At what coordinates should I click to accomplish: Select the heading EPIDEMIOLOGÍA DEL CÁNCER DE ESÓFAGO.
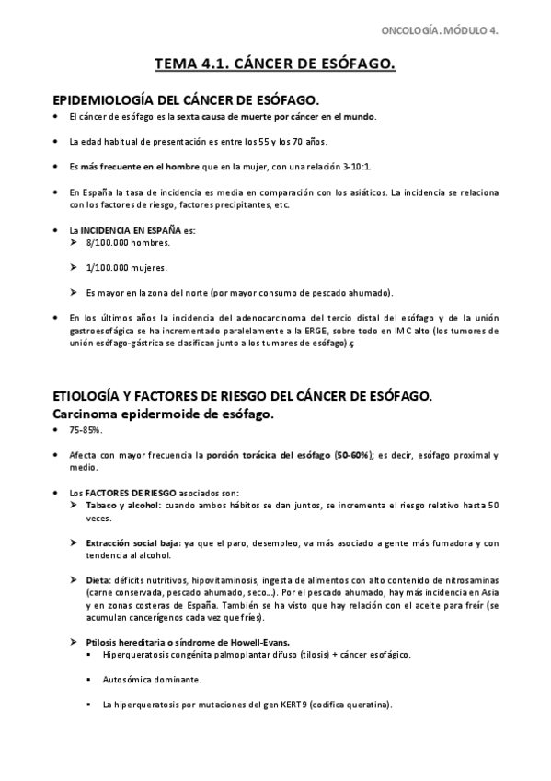click(188, 99)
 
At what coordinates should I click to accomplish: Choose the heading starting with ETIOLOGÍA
click(243, 396)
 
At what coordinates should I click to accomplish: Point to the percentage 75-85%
click(85, 431)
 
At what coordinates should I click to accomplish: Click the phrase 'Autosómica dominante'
click(153, 680)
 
